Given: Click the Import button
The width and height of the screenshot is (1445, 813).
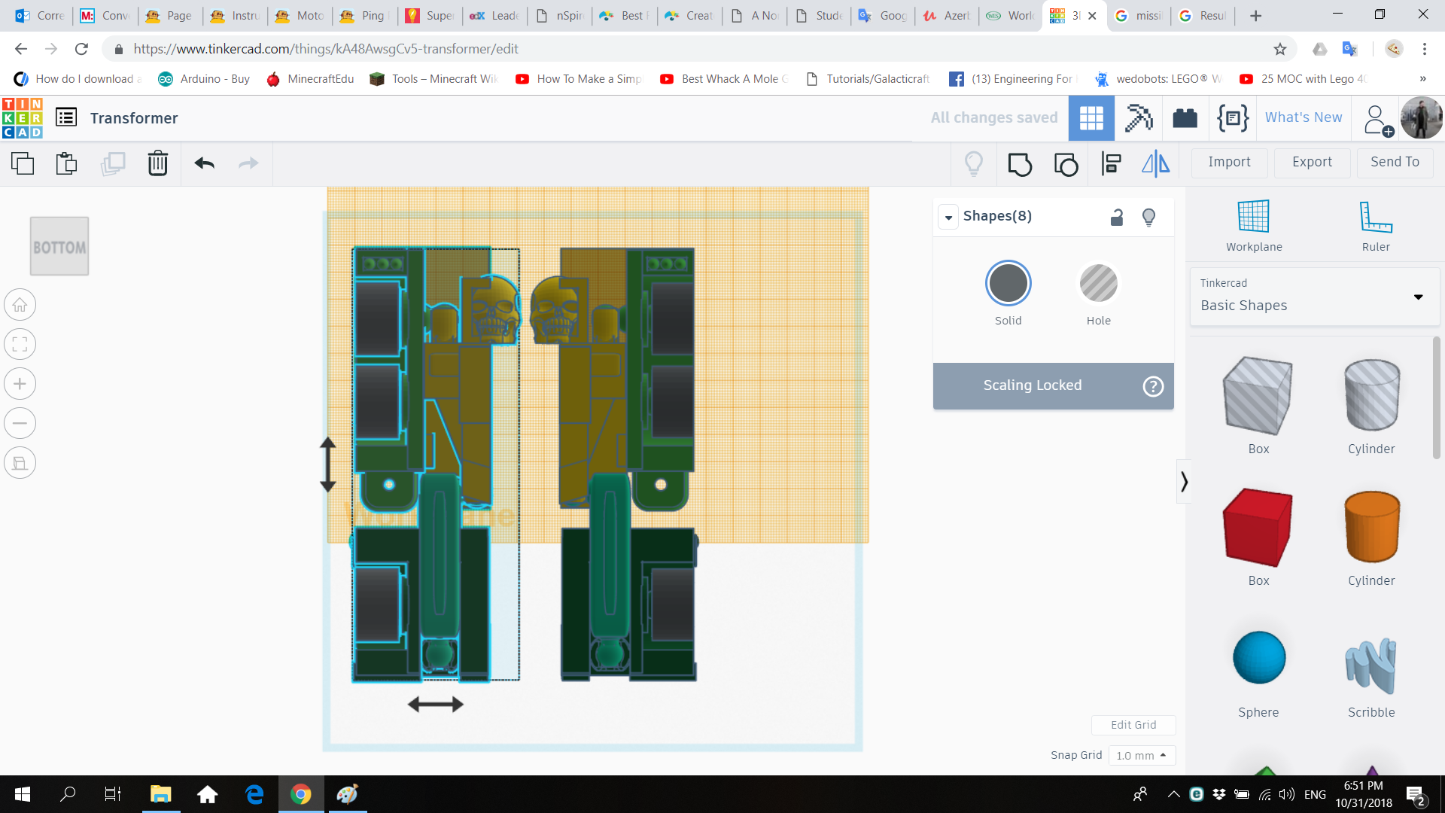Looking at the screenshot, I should (1229, 162).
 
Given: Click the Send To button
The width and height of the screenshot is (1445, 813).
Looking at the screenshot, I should (1395, 162).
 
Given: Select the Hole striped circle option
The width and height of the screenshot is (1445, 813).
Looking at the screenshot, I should (1098, 284).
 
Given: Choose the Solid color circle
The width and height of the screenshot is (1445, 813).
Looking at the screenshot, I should (1008, 284).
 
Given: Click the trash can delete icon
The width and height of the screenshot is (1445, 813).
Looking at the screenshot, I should (158, 163).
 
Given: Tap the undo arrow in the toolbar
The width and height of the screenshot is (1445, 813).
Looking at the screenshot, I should (204, 163).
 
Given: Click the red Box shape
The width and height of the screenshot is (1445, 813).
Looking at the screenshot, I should (1258, 527).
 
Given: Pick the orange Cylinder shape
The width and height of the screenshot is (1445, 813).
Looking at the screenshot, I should (1371, 527).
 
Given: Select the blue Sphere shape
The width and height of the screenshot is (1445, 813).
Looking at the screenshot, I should (1258, 657).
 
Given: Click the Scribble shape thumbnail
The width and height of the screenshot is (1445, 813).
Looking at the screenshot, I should (1370, 665).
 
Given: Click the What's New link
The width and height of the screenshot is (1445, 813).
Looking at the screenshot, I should (1303, 117).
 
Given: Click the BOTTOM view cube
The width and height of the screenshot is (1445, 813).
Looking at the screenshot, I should (59, 246).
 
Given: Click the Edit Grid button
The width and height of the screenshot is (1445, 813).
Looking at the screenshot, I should (1133, 725).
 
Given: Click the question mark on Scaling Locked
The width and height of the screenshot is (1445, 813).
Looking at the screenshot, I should (1153, 386).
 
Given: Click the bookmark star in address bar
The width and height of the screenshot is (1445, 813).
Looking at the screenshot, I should (1280, 49).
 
